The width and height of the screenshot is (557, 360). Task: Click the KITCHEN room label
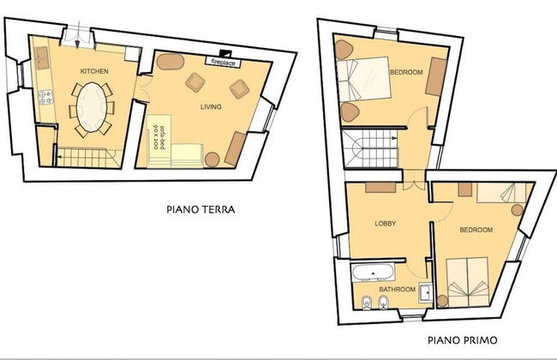94,71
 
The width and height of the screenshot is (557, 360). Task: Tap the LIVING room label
211,106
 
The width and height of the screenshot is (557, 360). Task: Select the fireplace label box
223,62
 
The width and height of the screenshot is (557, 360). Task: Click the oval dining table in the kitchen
92,107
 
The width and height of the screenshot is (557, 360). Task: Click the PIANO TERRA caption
201,209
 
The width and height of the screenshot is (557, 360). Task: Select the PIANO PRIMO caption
463,340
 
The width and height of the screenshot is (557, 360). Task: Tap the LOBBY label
386,224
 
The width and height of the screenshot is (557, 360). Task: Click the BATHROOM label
397,289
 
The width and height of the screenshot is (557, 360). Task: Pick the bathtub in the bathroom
373,273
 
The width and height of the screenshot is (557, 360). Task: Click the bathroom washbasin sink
426,292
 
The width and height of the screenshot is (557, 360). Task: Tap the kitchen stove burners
45,98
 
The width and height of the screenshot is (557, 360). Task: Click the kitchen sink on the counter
42,58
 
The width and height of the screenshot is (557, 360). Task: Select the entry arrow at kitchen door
78,34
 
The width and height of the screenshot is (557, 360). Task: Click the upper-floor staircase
371,148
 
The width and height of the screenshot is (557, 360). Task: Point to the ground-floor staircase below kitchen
89,158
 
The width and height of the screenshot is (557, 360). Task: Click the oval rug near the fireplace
171,62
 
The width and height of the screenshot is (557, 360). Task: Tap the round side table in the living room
212,159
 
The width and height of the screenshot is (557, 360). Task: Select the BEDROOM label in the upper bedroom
406,72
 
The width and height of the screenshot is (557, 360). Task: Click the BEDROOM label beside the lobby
476,230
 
